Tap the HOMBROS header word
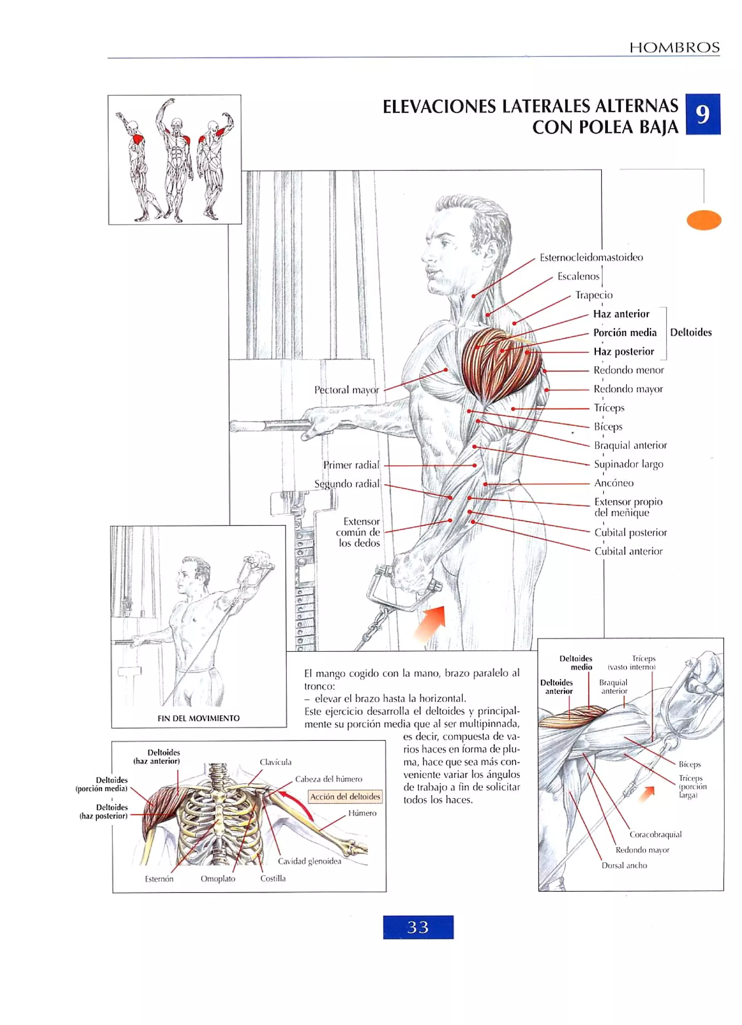click(x=674, y=47)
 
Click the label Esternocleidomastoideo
click(x=591, y=258)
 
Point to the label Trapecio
click(x=593, y=295)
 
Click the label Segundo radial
click(x=347, y=484)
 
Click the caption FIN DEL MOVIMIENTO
click(x=199, y=718)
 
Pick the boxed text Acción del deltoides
click(x=345, y=796)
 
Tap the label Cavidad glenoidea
click(x=309, y=861)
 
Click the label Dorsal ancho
click(x=624, y=865)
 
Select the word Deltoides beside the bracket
click(x=690, y=333)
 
